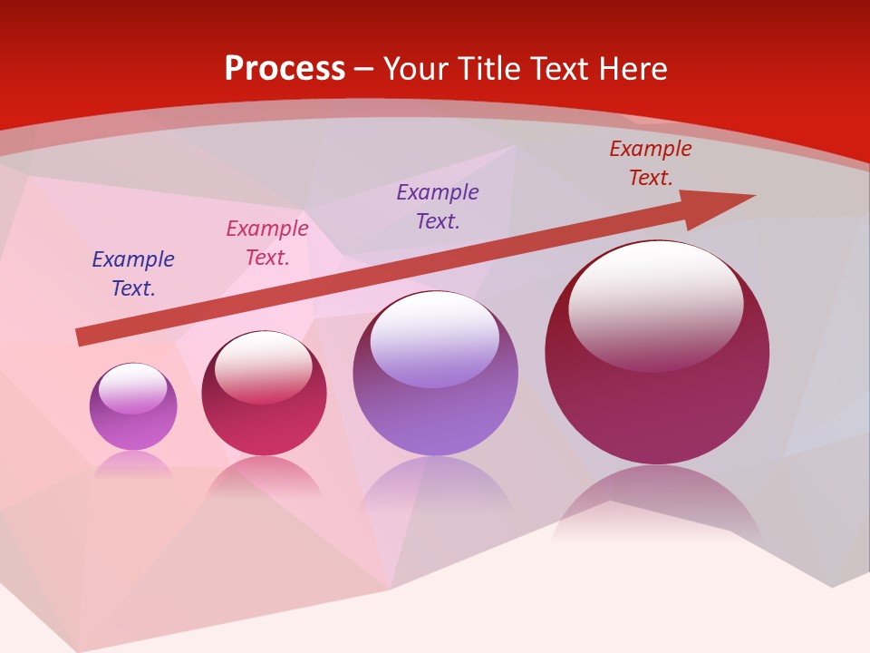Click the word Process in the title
pyautogui.click(x=285, y=69)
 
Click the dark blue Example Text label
pyautogui.click(x=133, y=274)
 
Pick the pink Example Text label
pyautogui.click(x=267, y=243)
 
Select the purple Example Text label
pyautogui.click(x=438, y=207)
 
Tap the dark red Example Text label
pyautogui.click(x=651, y=163)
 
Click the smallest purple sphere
pyautogui.click(x=133, y=426)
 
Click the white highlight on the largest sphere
pyautogui.click(x=656, y=299)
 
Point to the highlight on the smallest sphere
pyautogui.click(x=133, y=388)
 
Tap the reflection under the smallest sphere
pyautogui.click(x=133, y=463)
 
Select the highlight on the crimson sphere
pyautogui.click(x=264, y=363)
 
